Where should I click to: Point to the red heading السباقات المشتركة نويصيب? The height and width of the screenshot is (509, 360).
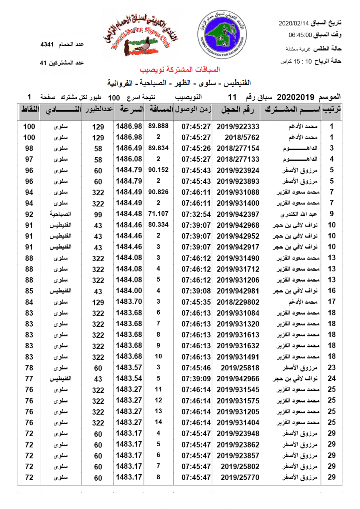(x=180, y=70)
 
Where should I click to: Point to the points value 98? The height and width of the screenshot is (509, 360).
(x=29, y=148)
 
